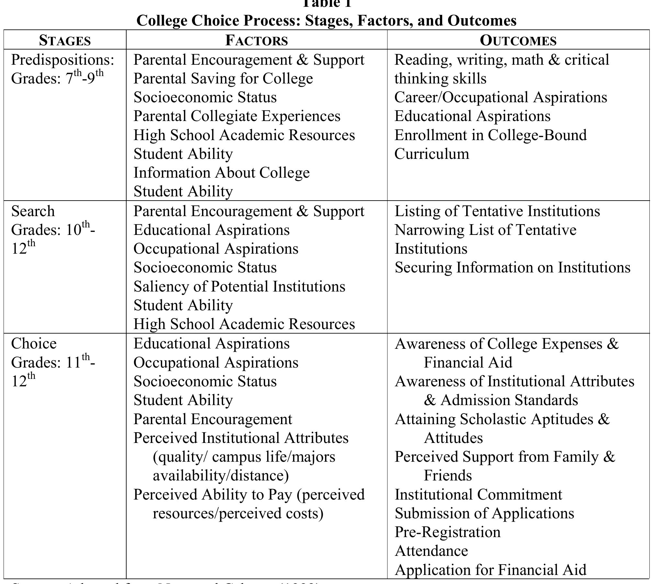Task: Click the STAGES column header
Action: click(65, 41)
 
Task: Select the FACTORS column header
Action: click(256, 41)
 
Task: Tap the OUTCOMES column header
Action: click(518, 41)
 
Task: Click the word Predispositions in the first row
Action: click(62, 60)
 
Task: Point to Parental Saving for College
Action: click(223, 79)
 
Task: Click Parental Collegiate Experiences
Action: click(237, 116)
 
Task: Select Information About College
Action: click(221, 173)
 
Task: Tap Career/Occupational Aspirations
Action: click(500, 98)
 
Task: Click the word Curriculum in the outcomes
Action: click(432, 154)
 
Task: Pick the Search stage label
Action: click(33, 212)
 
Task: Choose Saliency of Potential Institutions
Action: click(239, 287)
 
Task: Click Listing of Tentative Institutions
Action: click(497, 212)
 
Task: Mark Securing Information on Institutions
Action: click(512, 268)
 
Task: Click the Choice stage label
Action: click(34, 344)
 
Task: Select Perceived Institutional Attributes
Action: click(241, 438)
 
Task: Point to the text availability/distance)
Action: click(220, 476)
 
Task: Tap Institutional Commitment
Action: click(478, 495)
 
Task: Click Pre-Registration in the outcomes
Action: click(447, 532)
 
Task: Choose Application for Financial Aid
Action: click(490, 570)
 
